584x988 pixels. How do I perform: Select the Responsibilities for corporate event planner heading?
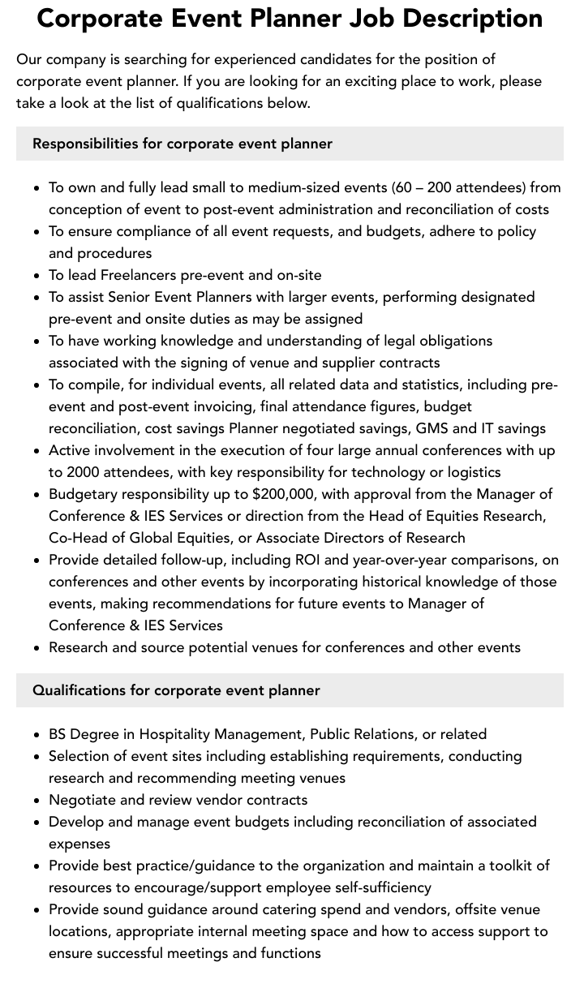(182, 144)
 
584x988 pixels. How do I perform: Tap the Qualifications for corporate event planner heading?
(176, 690)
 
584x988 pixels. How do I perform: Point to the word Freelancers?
(141, 275)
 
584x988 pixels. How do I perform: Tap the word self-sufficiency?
(370, 887)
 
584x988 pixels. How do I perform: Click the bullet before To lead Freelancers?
(37, 276)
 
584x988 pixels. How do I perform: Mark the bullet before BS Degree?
(37, 735)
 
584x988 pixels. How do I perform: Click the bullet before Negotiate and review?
(37, 801)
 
